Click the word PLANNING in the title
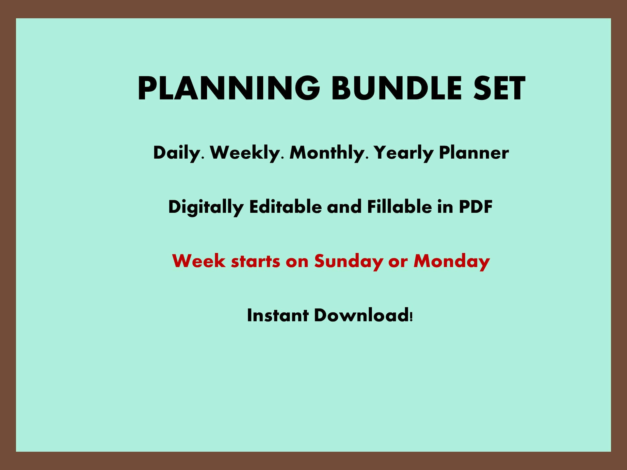click(229, 88)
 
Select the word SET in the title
click(499, 88)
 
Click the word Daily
click(176, 153)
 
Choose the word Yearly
click(403, 153)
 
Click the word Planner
click(474, 153)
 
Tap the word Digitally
click(206, 207)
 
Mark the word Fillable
click(399, 207)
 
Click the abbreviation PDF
click(475, 207)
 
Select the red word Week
click(199, 261)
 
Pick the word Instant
click(278, 316)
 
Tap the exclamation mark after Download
click(411, 316)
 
